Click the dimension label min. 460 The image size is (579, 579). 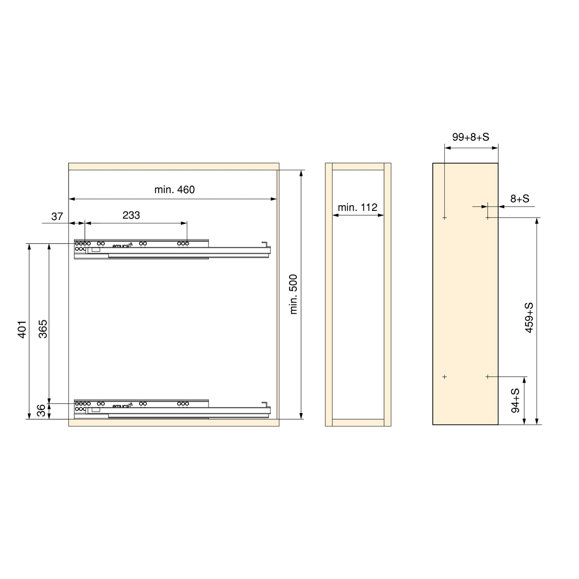click(x=174, y=190)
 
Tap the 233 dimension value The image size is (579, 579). click(x=131, y=215)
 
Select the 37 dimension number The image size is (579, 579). click(x=57, y=216)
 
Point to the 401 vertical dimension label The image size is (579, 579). click(x=23, y=330)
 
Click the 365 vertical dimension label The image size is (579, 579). click(x=43, y=329)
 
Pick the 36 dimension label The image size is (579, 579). click(x=41, y=411)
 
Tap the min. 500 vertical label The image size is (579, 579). click(x=293, y=294)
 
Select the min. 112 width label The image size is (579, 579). click(x=357, y=207)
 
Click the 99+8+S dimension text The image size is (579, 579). click(x=470, y=137)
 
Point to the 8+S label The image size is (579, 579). click(x=520, y=198)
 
